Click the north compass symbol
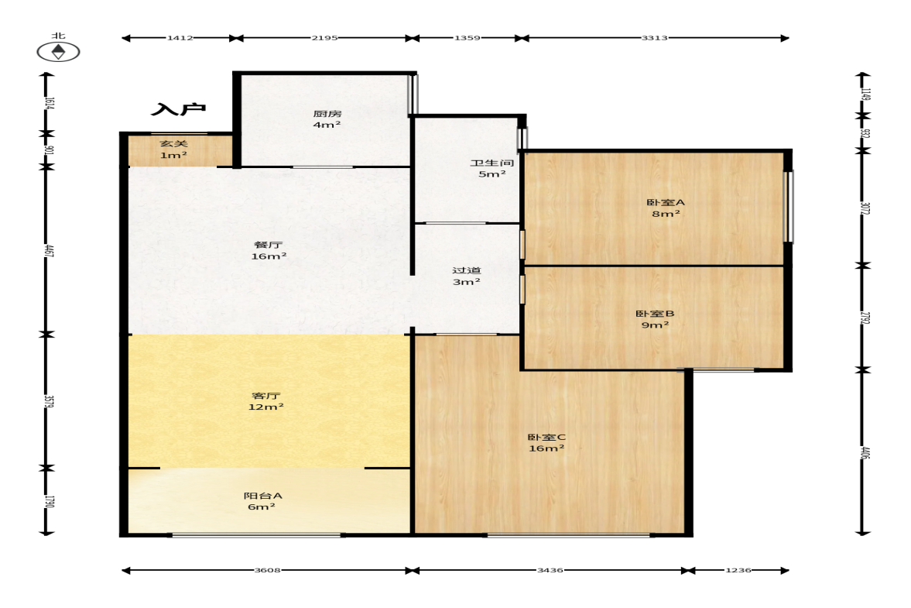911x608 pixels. [x=58, y=52]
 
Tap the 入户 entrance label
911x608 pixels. [x=178, y=108]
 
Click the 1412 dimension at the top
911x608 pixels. [x=180, y=38]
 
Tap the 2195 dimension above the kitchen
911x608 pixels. [x=324, y=38]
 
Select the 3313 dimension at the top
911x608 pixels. [x=654, y=38]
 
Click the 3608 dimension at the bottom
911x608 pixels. [x=267, y=570]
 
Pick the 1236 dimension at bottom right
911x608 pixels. [x=738, y=570]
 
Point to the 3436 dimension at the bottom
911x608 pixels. [x=550, y=570]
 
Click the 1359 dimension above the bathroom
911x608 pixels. [x=467, y=38]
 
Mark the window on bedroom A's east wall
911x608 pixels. [x=789, y=206]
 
